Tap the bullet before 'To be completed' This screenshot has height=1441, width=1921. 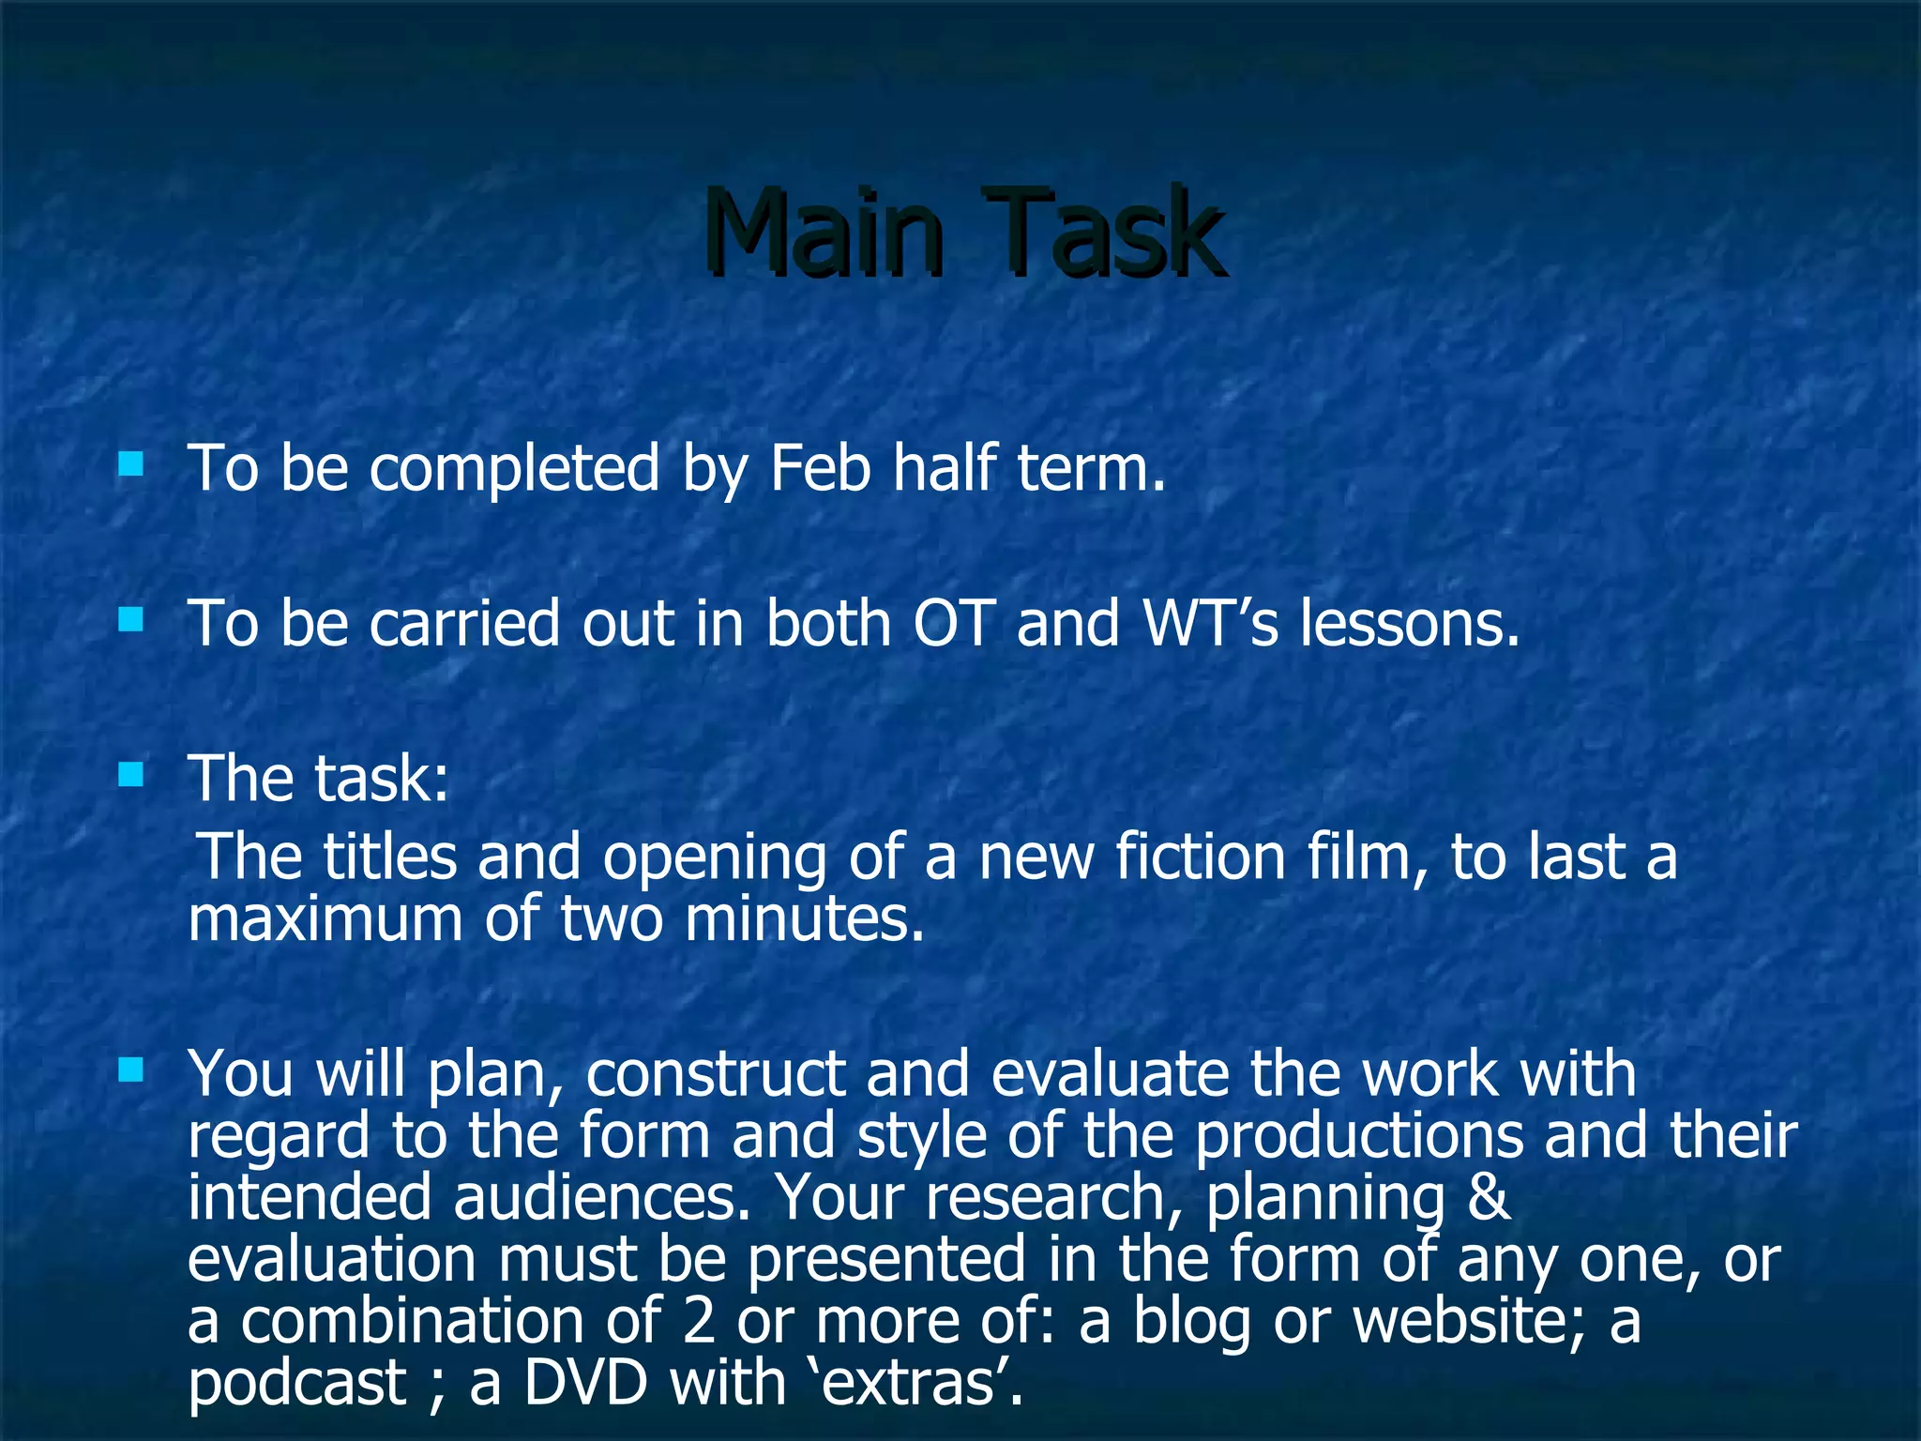click(x=131, y=463)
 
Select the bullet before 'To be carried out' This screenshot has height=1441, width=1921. click(x=131, y=619)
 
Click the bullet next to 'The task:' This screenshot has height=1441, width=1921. click(x=131, y=775)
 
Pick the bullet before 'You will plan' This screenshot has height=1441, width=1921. click(x=131, y=1069)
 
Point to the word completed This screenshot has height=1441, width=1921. click(x=514, y=469)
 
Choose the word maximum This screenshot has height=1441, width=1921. click(x=325, y=918)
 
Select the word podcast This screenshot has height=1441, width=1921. click(x=296, y=1384)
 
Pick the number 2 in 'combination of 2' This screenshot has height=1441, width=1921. click(x=699, y=1321)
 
